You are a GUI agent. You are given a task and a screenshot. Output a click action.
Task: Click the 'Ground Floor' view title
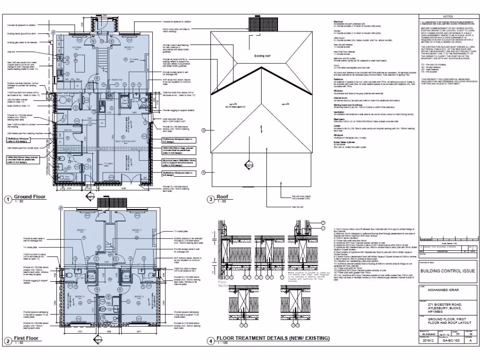point(30,196)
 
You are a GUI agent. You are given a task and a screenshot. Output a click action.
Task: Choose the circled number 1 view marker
point(7,199)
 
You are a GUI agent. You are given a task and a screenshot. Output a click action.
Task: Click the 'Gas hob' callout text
point(11,52)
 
